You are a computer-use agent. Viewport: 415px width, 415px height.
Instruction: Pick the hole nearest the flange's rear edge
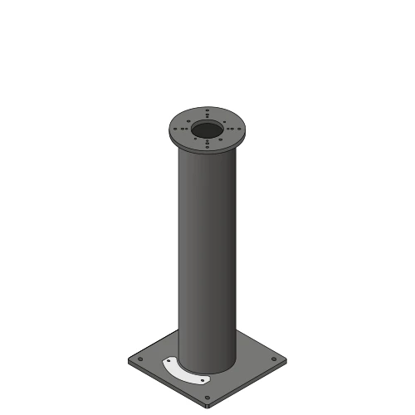[x=207, y=109]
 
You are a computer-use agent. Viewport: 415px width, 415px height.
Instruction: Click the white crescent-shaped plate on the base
[x=184, y=371]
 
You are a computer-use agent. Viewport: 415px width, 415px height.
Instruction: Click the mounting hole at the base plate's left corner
[x=139, y=359]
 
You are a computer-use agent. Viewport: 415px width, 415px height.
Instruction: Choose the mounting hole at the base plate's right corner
[x=275, y=359]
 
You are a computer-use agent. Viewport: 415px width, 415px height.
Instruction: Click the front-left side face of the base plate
[x=166, y=385]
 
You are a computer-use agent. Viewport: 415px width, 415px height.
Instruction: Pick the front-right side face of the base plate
[x=249, y=385]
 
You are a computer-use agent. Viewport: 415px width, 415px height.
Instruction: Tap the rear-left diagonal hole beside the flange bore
[x=188, y=120]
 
